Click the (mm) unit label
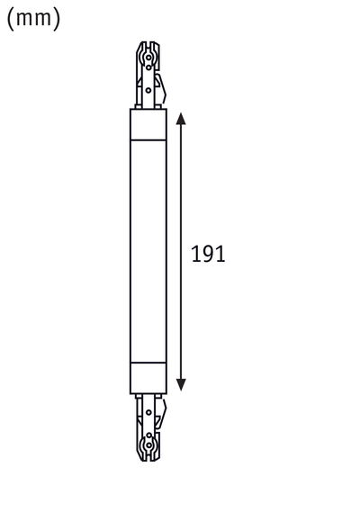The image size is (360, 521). [33, 19]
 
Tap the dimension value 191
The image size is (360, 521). [209, 254]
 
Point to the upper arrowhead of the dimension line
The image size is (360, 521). [181, 119]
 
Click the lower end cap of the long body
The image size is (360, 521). [148, 379]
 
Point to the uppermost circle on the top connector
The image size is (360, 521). [145, 49]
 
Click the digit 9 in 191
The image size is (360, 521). [209, 254]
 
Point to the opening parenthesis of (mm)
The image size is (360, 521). [11, 19]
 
